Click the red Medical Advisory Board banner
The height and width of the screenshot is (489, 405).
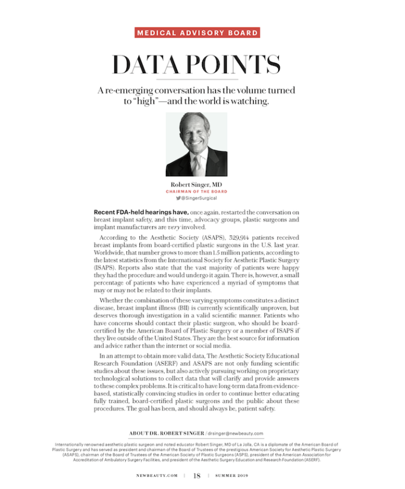tap(197, 32)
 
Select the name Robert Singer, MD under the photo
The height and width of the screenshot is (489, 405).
tap(196, 185)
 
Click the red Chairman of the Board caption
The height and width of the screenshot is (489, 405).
tap(196, 192)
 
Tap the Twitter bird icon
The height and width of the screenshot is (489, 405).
tap(178, 198)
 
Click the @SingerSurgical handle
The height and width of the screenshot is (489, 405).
tap(199, 198)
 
